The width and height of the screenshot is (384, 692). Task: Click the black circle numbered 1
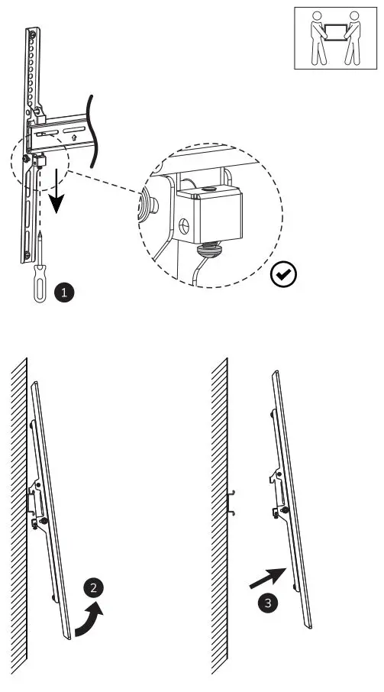pos(66,291)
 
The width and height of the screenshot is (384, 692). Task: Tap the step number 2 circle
pos(93,587)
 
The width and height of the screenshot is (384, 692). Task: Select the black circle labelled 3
pos(266,603)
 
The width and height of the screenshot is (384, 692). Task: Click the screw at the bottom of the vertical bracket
pos(27,255)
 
